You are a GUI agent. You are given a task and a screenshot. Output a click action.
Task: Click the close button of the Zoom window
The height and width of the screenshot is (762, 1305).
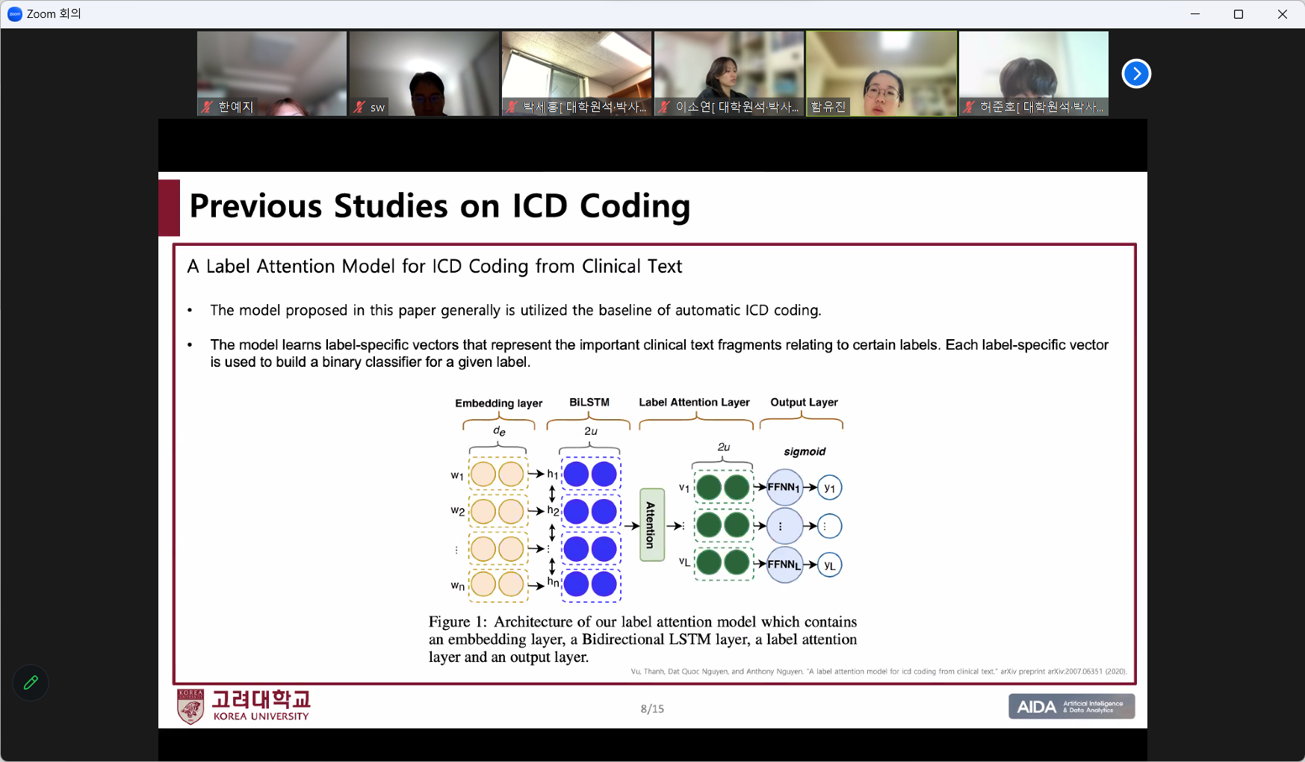click(1282, 14)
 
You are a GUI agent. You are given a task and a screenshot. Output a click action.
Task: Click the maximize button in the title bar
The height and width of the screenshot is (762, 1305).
click(1239, 14)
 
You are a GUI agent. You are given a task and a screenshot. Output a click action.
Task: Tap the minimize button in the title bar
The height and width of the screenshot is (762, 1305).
click(1195, 14)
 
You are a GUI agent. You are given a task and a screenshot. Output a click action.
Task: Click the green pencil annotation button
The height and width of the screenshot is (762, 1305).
click(31, 682)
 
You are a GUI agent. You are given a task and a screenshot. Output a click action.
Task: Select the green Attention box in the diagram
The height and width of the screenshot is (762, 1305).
click(652, 524)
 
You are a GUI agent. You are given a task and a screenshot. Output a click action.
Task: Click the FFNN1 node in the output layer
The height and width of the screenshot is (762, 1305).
click(784, 487)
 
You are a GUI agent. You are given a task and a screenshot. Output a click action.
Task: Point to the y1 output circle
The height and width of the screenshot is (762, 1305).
click(830, 488)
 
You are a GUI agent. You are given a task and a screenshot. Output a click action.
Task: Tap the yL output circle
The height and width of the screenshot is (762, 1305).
click(830, 565)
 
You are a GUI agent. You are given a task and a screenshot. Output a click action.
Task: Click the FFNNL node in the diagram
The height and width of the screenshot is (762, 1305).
click(784, 564)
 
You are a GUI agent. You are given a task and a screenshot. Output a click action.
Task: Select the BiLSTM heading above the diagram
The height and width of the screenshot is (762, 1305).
click(589, 402)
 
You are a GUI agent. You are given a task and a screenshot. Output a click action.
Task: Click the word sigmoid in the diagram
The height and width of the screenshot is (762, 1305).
click(805, 452)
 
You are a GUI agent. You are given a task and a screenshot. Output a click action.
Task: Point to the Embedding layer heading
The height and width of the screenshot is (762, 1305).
click(499, 403)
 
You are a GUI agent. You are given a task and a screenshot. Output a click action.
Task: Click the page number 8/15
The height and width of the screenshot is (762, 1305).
click(652, 708)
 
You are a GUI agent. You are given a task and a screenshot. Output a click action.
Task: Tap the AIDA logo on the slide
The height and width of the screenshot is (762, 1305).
click(1071, 706)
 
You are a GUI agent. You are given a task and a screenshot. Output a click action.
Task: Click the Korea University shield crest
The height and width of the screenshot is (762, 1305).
click(190, 707)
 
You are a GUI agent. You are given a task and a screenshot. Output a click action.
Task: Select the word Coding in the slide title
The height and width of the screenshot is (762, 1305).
click(635, 207)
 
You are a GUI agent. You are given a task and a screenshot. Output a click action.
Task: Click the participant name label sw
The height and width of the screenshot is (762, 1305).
click(377, 108)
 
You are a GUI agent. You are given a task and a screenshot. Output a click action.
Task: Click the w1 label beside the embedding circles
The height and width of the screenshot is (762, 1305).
click(457, 475)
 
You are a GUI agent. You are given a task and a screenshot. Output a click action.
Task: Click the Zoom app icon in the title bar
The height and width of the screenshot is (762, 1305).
click(15, 14)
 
